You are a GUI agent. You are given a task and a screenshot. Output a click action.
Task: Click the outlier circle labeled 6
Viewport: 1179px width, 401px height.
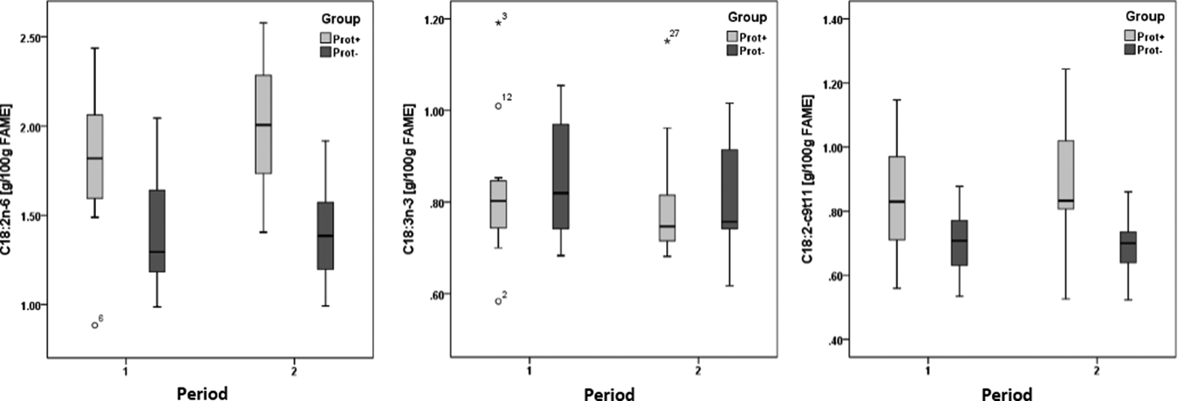(95, 324)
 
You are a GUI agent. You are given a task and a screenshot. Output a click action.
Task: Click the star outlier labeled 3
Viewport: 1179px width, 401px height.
(499, 23)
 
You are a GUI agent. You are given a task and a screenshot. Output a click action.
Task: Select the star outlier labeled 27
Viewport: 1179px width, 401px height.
(667, 40)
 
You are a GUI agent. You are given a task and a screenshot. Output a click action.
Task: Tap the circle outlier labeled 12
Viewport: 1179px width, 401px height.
(499, 106)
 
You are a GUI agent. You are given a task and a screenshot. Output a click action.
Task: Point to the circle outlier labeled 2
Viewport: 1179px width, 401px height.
(499, 301)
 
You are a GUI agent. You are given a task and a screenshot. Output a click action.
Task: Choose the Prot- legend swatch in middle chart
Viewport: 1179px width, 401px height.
(734, 51)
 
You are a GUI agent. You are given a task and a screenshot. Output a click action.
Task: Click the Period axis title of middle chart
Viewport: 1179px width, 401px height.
(613, 393)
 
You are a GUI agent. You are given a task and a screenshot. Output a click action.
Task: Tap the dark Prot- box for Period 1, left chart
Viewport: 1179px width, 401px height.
(157, 231)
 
